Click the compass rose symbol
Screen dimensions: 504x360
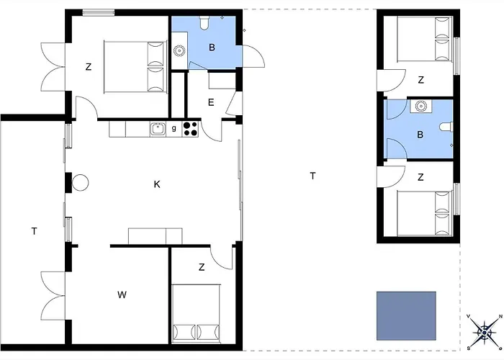coord(485,332)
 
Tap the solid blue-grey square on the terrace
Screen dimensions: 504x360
coord(406,315)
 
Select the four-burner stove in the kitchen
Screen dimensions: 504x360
coord(190,129)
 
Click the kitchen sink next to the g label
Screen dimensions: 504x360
coord(158,129)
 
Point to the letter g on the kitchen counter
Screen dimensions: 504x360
coord(174,128)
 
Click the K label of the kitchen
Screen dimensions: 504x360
coord(157,184)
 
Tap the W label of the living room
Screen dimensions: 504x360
coord(122,294)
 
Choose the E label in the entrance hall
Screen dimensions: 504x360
coord(211,102)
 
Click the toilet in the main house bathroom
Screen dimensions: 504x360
coord(204,23)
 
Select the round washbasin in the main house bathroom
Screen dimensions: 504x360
coord(179,50)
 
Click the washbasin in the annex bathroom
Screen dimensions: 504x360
coord(420,106)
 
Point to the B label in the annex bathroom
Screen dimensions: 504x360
coord(420,135)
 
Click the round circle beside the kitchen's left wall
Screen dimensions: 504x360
coord(80,183)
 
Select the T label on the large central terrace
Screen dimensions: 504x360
coord(312,176)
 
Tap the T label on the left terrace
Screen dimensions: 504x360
coord(34,231)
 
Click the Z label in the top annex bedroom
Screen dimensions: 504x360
coord(420,80)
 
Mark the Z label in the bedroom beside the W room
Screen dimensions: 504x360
coord(202,267)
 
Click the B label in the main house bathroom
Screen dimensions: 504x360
coord(212,48)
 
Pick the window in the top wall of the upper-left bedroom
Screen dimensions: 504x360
coord(99,13)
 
